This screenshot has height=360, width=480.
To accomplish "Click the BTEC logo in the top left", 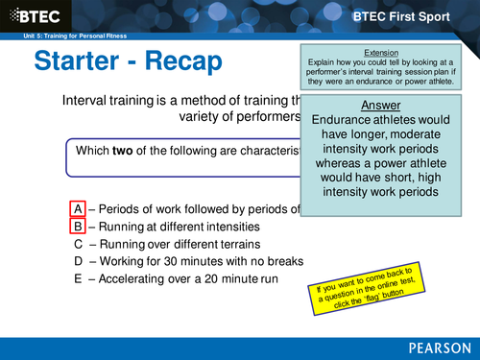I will (x=36, y=15).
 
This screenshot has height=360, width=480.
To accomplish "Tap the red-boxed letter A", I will (x=78, y=209).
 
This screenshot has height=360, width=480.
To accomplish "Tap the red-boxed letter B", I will (x=78, y=227).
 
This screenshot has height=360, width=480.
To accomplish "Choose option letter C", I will (x=78, y=244).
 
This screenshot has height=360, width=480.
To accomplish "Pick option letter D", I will (x=78, y=261).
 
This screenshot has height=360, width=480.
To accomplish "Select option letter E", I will (x=78, y=278).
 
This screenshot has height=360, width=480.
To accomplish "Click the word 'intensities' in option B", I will (x=227, y=227).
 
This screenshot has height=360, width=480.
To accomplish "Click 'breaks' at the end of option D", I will (x=283, y=261).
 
